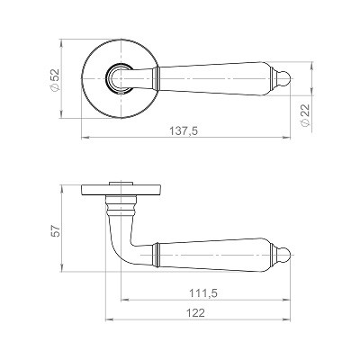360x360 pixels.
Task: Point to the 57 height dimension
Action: pyautogui.click(x=54, y=230)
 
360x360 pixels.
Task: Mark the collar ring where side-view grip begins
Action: pyautogui.click(x=157, y=254)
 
